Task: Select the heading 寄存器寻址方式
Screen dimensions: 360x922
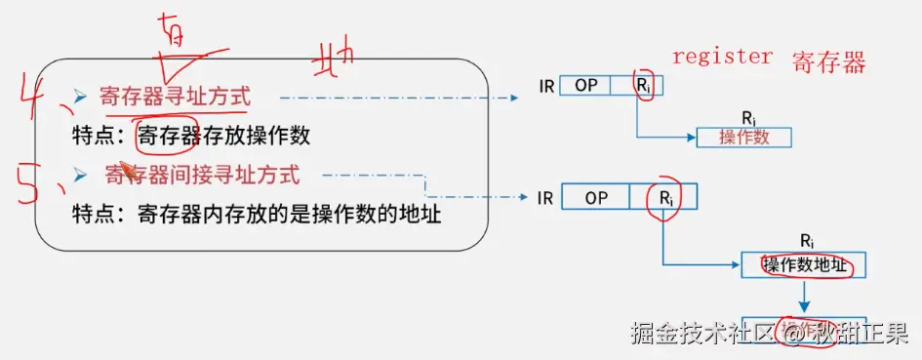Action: coord(175,97)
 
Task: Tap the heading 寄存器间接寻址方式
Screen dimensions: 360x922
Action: coord(202,176)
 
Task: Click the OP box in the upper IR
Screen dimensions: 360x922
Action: coord(585,85)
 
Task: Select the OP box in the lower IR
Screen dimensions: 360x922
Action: coord(596,198)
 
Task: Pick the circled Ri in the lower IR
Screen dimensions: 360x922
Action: coord(664,198)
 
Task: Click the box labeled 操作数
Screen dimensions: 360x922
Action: coord(743,137)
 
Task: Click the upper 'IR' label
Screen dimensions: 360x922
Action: coord(546,86)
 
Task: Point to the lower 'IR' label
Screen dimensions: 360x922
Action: coord(546,198)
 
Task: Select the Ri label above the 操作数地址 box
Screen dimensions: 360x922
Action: coord(807,240)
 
